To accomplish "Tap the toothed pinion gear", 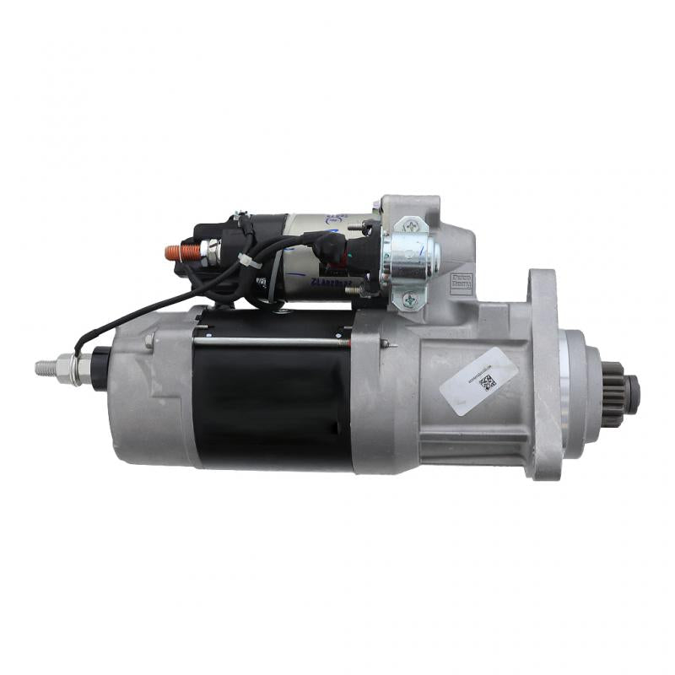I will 613,393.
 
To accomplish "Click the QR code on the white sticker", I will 488,383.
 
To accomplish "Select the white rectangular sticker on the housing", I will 478,381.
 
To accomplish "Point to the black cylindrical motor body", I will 272,405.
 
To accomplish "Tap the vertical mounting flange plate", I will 543,371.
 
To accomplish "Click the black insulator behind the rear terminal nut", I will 100,368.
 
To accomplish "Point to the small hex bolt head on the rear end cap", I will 148,341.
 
